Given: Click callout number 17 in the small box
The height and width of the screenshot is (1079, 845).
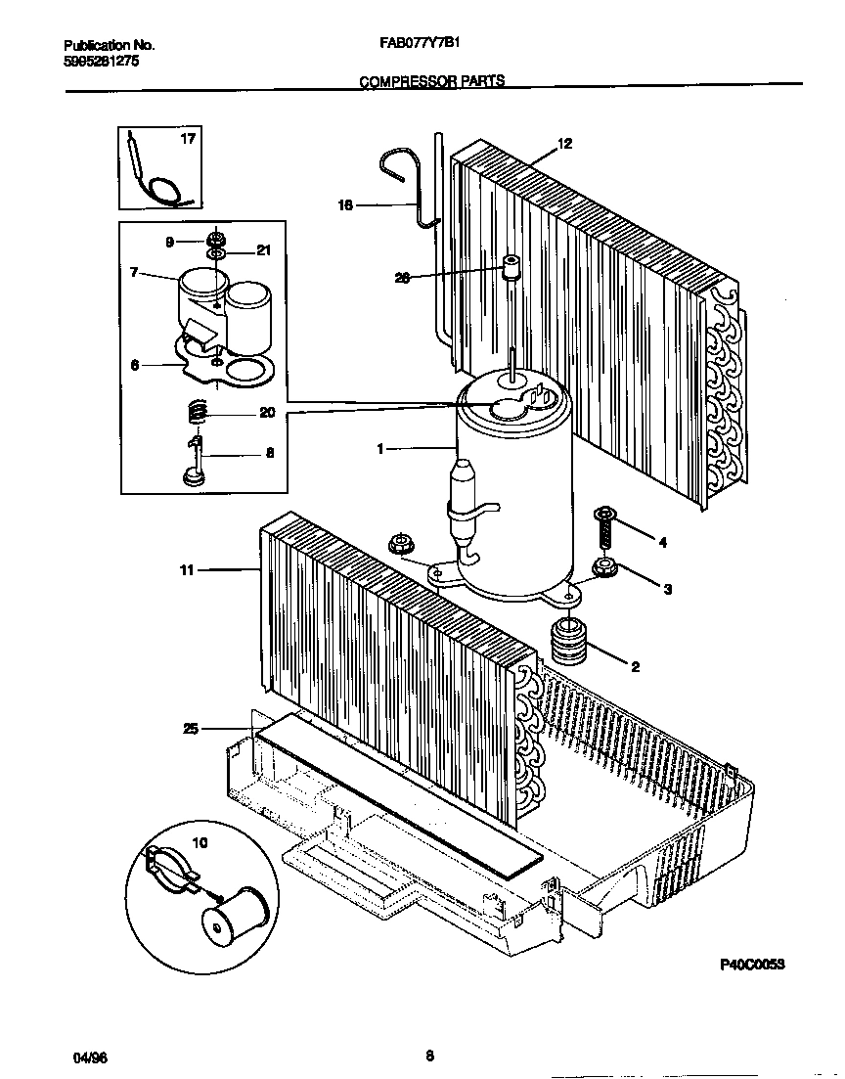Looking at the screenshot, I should pyautogui.click(x=188, y=139).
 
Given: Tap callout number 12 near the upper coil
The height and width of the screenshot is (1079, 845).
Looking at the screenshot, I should pyautogui.click(x=564, y=144).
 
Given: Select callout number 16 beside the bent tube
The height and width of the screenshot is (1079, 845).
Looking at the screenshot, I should pyautogui.click(x=344, y=205).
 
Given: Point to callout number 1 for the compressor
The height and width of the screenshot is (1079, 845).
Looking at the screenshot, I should pyautogui.click(x=380, y=449).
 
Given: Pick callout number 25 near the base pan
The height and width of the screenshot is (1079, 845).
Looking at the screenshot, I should pyautogui.click(x=191, y=728).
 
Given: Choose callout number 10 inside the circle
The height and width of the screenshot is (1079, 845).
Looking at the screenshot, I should pyautogui.click(x=200, y=842).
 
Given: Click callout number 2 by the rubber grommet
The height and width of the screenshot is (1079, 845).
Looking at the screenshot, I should pyautogui.click(x=635, y=667).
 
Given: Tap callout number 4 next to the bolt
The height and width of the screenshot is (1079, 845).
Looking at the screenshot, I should pyautogui.click(x=662, y=541).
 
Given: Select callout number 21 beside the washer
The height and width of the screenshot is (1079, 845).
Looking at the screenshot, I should pyautogui.click(x=262, y=251).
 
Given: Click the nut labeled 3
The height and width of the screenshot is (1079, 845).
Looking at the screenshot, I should pyautogui.click(x=603, y=566).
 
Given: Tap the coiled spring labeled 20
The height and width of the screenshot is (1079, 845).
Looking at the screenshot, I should pyautogui.click(x=197, y=414).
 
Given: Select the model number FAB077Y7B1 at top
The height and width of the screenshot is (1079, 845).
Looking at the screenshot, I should pyautogui.click(x=424, y=43).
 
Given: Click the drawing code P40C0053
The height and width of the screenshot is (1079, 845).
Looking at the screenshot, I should pyautogui.click(x=753, y=963).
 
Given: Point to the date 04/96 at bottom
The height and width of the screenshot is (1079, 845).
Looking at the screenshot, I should pyautogui.click(x=87, y=1058).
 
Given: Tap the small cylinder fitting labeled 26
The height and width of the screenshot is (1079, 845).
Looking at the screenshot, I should pyautogui.click(x=510, y=268).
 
